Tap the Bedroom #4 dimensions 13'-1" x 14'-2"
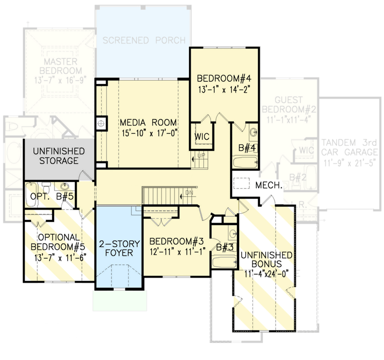pos(223,89)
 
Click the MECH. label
pos(269,185)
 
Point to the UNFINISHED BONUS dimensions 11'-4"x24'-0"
pos(266,272)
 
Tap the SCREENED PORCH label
pos(144,40)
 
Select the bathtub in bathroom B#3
pos(224,262)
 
